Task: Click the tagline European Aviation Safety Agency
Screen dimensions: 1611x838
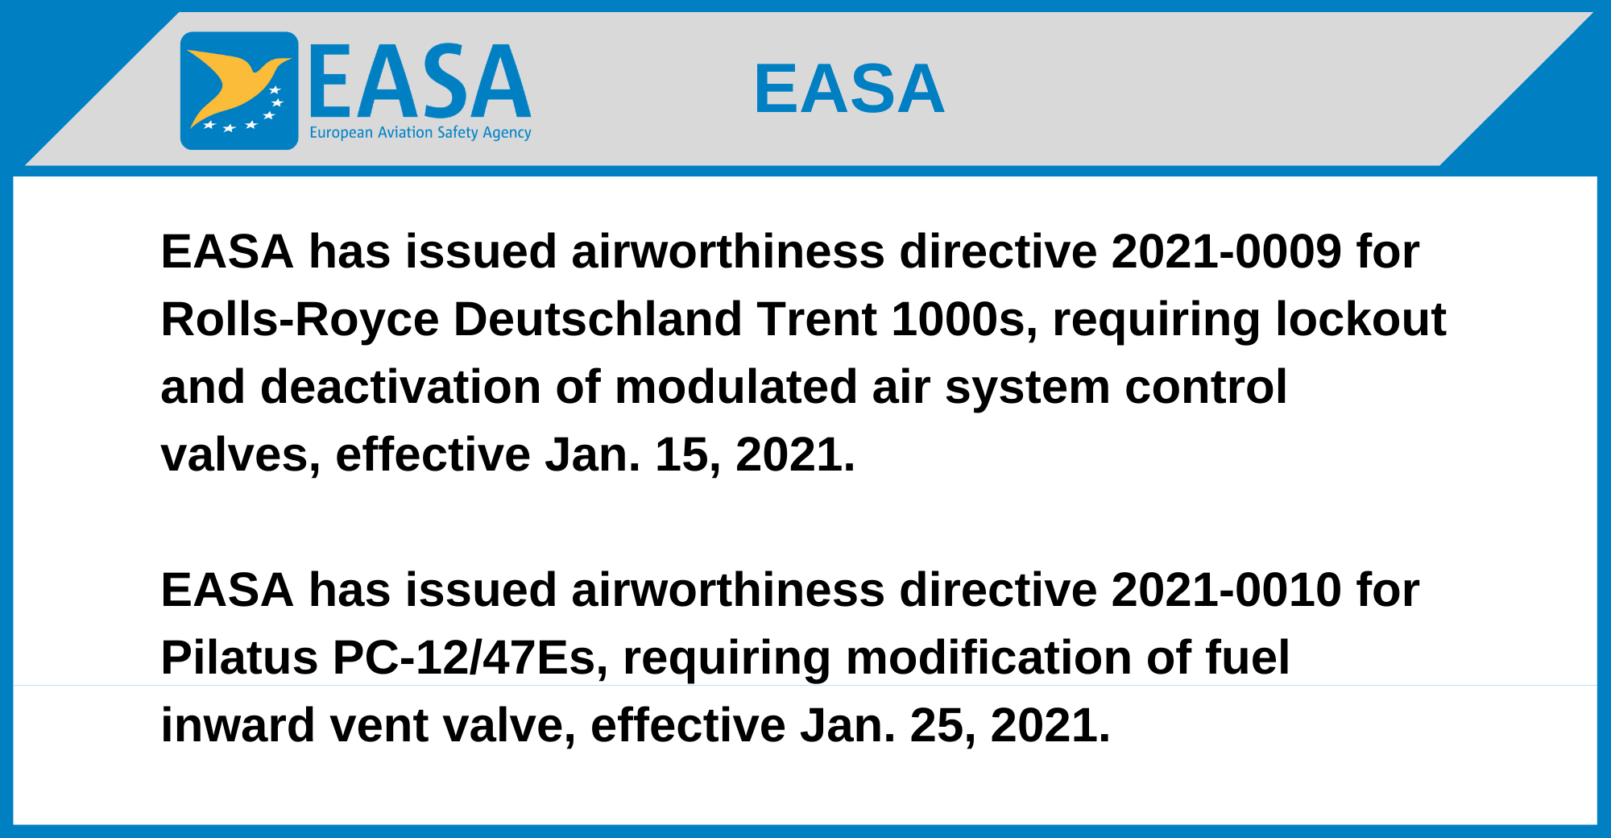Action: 420,133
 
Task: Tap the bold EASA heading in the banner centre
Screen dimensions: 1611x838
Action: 849,89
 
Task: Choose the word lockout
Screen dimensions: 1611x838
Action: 1361,319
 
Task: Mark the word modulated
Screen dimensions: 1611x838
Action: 736,387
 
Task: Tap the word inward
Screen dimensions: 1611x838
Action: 238,725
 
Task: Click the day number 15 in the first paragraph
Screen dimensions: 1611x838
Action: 681,456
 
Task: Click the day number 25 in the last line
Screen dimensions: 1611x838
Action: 937,727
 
